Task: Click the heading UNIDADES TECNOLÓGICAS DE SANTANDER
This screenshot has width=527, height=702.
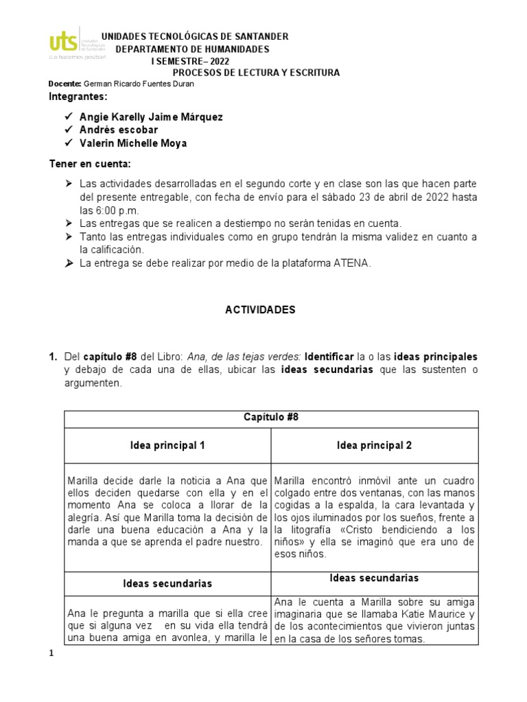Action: pyautogui.click(x=195, y=36)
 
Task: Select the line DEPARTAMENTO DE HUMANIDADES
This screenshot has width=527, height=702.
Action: pyautogui.click(x=192, y=49)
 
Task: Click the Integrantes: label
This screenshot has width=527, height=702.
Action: pyautogui.click(x=79, y=97)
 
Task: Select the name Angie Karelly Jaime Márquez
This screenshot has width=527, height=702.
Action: pyautogui.click(x=151, y=117)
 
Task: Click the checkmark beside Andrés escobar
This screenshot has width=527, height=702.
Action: pyautogui.click(x=69, y=130)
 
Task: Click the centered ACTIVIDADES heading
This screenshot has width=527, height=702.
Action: pyautogui.click(x=261, y=310)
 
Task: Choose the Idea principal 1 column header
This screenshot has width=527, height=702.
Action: pyautogui.click(x=167, y=446)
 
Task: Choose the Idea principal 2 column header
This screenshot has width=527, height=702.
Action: pyautogui.click(x=375, y=446)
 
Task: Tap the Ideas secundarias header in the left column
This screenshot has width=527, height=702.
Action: pyautogui.click(x=167, y=584)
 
